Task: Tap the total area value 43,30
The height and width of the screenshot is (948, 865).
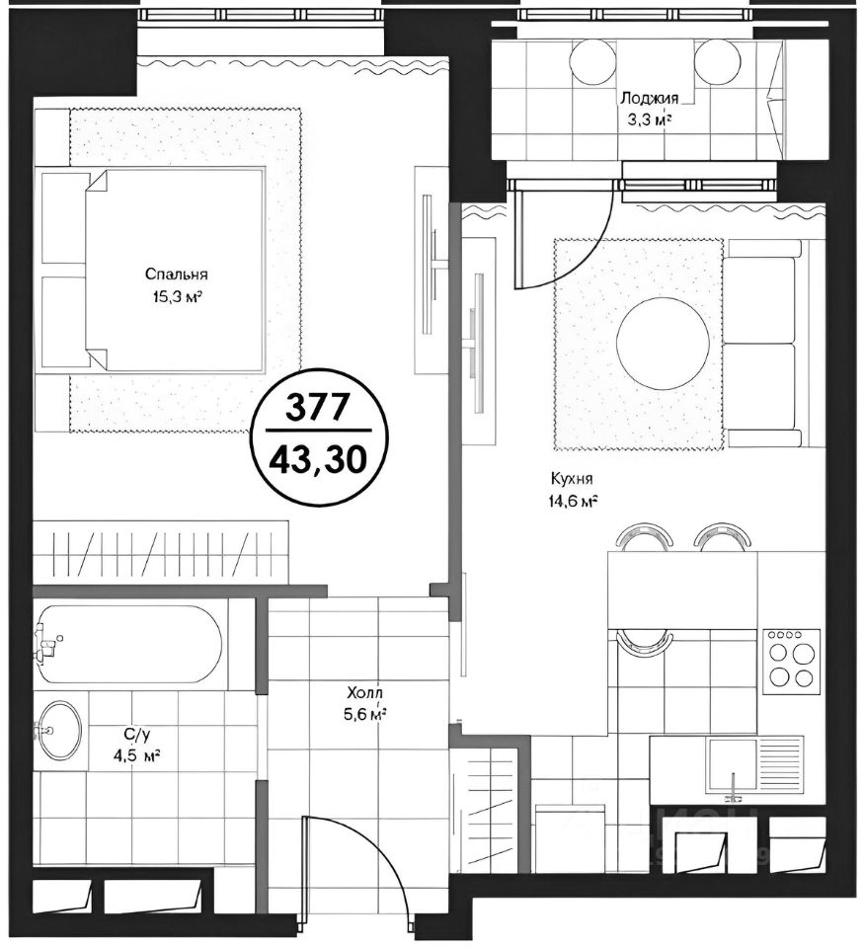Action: (318, 460)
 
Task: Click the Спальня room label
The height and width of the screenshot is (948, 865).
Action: (177, 275)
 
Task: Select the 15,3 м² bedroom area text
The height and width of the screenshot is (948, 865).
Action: (177, 297)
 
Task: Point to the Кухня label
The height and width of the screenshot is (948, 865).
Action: (571, 479)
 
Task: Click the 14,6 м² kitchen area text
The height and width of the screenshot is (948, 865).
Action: (573, 502)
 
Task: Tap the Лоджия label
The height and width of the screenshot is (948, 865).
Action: (650, 98)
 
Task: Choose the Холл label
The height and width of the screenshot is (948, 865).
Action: (365, 692)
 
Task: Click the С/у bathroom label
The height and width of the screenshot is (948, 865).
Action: (136, 735)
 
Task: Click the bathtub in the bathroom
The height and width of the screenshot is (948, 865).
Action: (128, 645)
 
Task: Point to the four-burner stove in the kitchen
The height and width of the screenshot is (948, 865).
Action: (791, 662)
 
